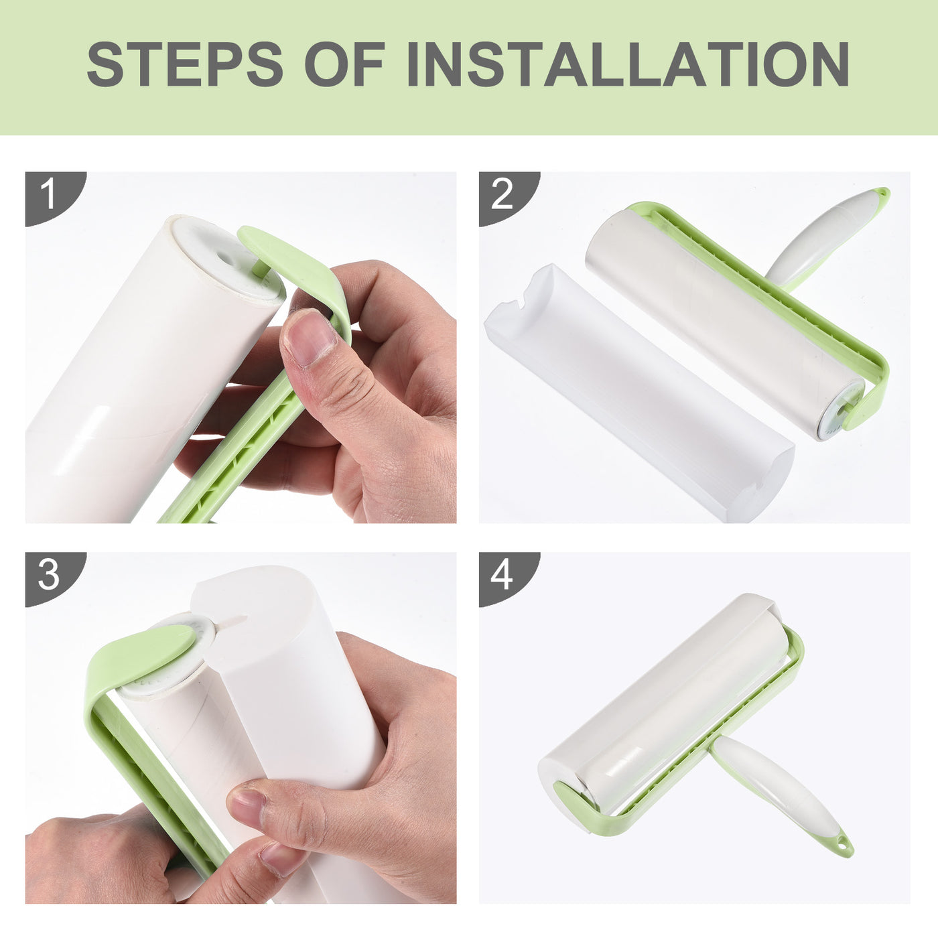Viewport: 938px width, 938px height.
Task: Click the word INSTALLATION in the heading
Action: (628, 64)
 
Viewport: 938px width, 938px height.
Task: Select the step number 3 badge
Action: (49, 574)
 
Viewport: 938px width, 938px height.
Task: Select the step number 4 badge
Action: (503, 574)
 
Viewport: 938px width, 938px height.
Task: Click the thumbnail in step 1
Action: (310, 337)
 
